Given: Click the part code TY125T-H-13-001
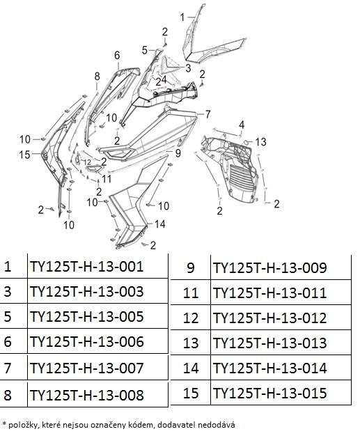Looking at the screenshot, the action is (x=86, y=266).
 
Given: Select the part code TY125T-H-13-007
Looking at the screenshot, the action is (x=86, y=368).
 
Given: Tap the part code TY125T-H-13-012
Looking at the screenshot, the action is (x=269, y=318).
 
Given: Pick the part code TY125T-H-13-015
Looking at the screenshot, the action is (x=269, y=393).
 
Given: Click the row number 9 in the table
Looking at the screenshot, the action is (x=190, y=267).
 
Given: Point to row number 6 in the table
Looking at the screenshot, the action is (x=8, y=341).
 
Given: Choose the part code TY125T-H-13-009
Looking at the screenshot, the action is (x=269, y=267).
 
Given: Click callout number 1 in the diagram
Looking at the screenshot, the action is (x=182, y=17).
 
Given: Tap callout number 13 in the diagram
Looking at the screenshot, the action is (x=260, y=142).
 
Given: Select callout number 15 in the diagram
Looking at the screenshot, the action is (x=24, y=155).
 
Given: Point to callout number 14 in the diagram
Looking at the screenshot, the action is (x=160, y=224).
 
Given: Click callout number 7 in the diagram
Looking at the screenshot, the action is (x=208, y=114).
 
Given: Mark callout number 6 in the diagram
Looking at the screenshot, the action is (x=117, y=55).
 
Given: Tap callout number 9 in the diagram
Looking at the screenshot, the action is (x=178, y=153).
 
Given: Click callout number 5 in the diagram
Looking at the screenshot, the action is (x=145, y=50).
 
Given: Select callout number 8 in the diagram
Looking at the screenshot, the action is (x=97, y=76).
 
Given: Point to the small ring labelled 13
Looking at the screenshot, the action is (x=246, y=142).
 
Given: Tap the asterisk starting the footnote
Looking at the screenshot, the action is (x=4, y=423).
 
